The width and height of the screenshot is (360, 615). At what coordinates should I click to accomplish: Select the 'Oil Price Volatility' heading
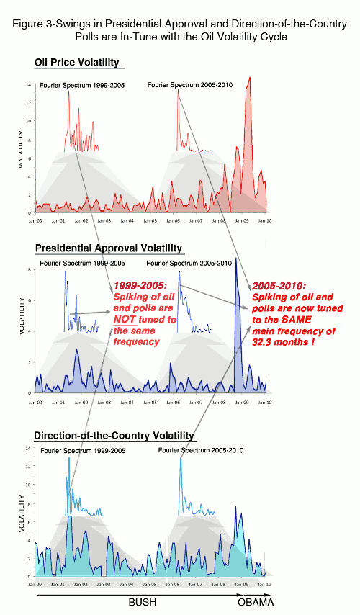[x=77, y=63]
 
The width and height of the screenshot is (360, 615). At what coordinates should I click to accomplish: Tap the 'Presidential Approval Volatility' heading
[x=109, y=248]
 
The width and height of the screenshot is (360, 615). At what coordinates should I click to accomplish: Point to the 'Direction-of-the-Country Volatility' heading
[x=114, y=436]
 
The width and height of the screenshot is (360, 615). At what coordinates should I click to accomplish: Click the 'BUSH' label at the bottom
[x=142, y=602]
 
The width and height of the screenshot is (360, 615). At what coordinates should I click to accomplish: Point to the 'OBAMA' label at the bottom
[x=256, y=602]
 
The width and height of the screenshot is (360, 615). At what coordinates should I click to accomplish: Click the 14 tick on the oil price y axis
[x=27, y=85]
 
